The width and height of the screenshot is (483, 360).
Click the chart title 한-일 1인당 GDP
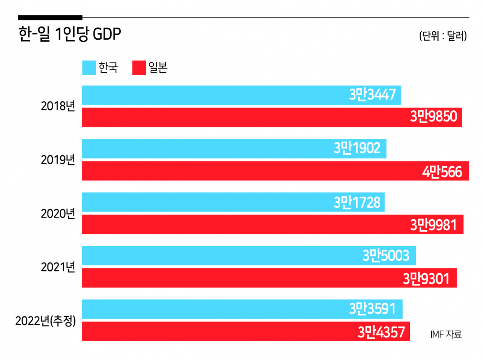70,34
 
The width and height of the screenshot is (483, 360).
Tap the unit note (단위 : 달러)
443,36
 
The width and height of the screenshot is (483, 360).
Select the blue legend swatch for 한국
89,68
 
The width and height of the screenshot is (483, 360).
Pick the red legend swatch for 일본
139,68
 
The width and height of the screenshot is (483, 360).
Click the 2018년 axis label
58,106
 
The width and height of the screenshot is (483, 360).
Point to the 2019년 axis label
58,160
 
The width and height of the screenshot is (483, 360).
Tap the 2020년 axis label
58,214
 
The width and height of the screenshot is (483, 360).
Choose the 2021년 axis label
58,267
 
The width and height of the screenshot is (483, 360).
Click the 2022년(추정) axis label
46,321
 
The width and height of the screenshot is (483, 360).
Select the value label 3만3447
372,95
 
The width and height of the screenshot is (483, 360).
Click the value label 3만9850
434,117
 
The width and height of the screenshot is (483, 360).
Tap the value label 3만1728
357,202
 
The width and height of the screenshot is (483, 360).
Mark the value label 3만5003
386,256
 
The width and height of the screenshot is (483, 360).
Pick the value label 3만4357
381,332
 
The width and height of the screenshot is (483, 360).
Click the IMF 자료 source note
446,334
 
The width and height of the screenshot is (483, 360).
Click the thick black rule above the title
50,17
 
